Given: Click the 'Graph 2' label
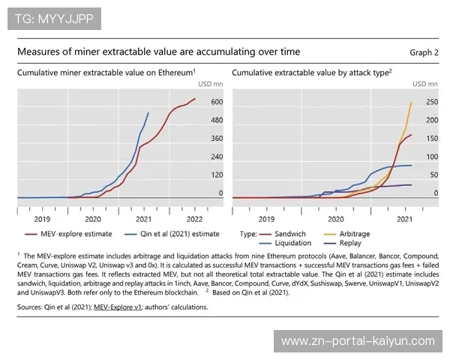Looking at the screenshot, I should (x=424, y=52).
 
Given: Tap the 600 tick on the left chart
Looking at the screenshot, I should (x=216, y=102).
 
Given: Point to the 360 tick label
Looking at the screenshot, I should (x=216, y=139).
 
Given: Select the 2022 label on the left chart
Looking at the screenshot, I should (x=193, y=219).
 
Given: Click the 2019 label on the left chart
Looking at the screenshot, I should (x=41, y=219).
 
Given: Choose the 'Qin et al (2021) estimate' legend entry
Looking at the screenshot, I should (x=178, y=234).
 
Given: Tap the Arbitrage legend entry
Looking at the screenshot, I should (x=355, y=234).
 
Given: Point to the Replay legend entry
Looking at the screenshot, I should (x=349, y=244).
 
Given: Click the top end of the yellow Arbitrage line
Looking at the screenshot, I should (x=412, y=103).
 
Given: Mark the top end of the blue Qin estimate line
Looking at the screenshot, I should (x=148, y=113).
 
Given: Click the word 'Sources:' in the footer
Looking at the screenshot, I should (x=29, y=307).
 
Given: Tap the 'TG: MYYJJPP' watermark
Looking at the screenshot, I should (x=49, y=19).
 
